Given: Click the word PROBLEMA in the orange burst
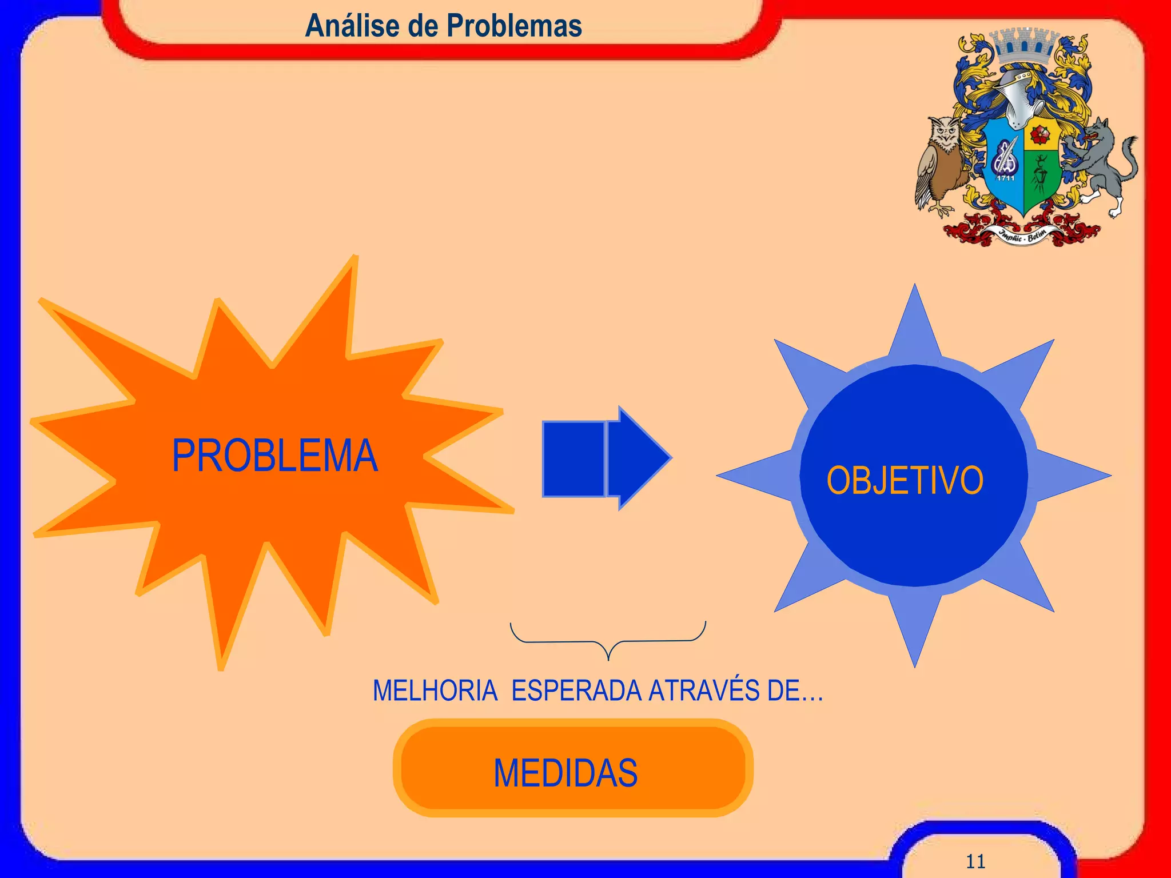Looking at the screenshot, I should [x=274, y=456].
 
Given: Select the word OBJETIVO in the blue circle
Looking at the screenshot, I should [x=905, y=480].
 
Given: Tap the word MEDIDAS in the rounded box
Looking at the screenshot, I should [x=565, y=773].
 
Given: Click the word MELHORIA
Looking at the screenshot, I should [x=435, y=691].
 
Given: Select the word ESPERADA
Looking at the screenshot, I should [x=576, y=691].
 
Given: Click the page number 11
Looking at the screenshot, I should [x=975, y=861].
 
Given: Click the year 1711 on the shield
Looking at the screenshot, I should [x=1006, y=178].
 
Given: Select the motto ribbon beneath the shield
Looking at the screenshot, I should [x=1023, y=235].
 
